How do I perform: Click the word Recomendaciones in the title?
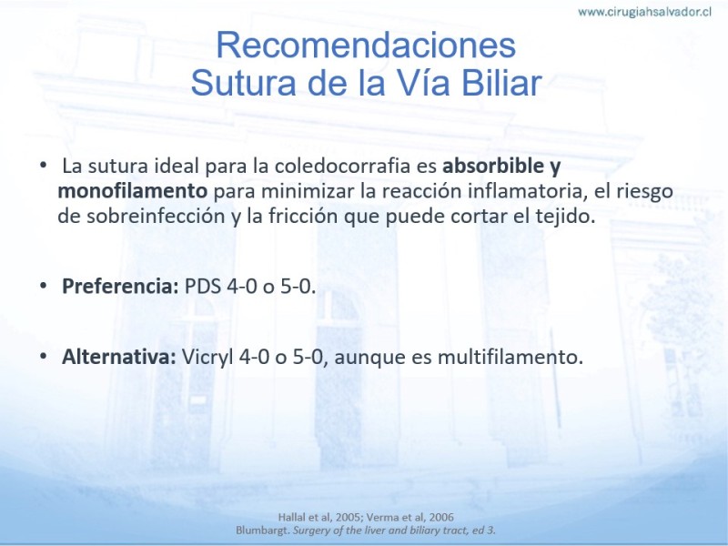point(366,45)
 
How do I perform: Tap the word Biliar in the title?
point(501,83)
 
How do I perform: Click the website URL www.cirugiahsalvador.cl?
point(645,12)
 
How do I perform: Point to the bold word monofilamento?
point(133,191)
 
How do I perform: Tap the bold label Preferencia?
point(120,287)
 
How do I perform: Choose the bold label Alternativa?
point(119,357)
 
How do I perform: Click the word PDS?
point(202,287)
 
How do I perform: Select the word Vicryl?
point(207,358)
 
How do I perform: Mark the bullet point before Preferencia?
point(44,285)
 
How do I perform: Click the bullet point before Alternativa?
point(44,356)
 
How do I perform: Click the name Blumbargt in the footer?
point(263,531)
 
